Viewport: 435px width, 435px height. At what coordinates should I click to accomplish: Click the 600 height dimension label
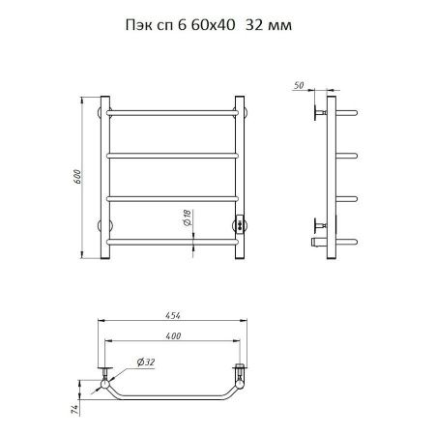[77, 177]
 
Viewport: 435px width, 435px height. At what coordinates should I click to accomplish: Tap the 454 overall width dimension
[173, 315]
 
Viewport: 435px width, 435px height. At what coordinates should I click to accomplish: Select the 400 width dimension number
[173, 335]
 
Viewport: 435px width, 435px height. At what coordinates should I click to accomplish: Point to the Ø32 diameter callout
[146, 362]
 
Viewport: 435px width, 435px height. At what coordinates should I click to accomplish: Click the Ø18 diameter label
[187, 217]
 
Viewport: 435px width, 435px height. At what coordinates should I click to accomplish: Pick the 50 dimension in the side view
[299, 85]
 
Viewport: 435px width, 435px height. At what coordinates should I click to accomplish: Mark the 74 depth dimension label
[74, 410]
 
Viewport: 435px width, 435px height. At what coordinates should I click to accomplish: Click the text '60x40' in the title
[213, 25]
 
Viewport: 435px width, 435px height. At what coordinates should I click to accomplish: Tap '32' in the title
[254, 25]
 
